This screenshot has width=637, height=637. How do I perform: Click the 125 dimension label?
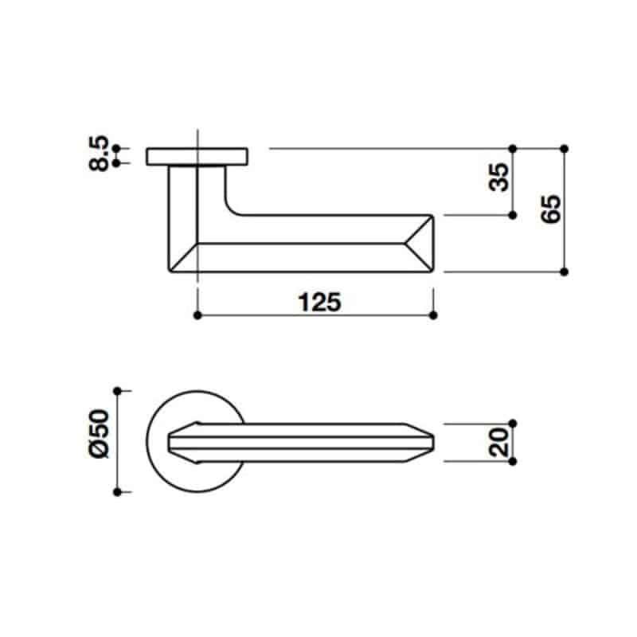click(x=320, y=303)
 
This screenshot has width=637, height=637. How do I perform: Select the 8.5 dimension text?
click(x=99, y=153)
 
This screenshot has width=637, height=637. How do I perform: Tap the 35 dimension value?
click(x=499, y=177)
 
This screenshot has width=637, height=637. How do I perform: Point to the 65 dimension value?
click(x=551, y=209)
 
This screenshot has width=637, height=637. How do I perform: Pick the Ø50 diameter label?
click(x=99, y=433)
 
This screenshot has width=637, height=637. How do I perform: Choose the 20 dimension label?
click(x=498, y=443)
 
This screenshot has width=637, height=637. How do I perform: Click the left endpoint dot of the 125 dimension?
click(x=197, y=315)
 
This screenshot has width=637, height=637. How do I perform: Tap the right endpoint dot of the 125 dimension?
click(x=433, y=315)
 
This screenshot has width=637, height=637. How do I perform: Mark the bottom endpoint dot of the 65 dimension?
click(x=564, y=272)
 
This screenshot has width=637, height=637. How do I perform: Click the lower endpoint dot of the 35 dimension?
click(x=512, y=215)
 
